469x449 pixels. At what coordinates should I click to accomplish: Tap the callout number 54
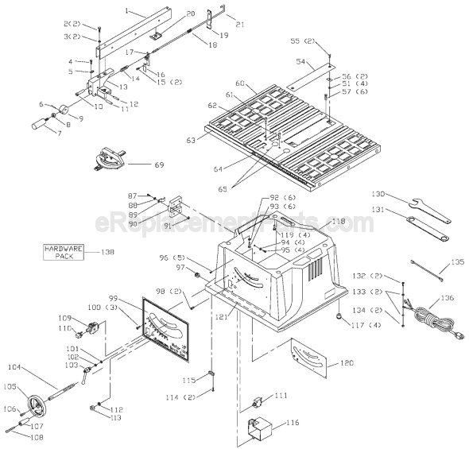click(300, 61)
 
